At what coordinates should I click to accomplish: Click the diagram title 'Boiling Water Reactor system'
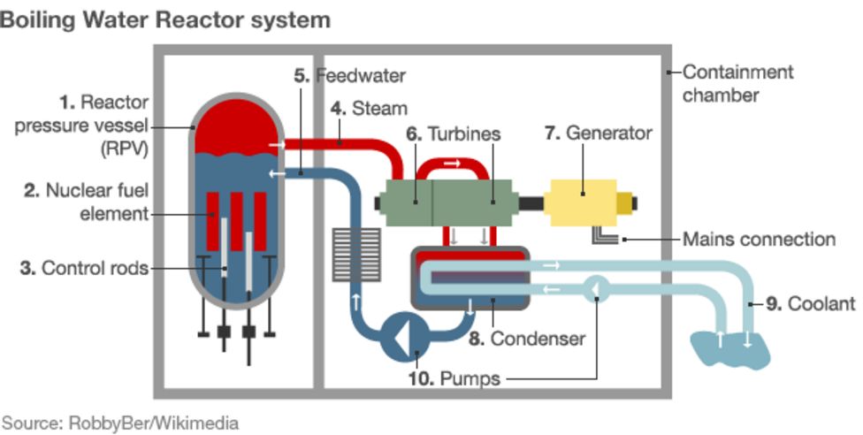(165, 19)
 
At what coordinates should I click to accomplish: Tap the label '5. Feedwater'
(349, 75)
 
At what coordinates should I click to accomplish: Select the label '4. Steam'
(369, 109)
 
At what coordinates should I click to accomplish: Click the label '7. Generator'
(598, 134)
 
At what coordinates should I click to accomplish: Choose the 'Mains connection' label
(759, 239)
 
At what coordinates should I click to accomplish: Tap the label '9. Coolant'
(810, 303)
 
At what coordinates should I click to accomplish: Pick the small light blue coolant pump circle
(596, 287)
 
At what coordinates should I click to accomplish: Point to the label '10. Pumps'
(454, 378)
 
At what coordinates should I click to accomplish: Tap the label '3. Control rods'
(84, 268)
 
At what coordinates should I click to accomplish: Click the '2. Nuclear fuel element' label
(86, 202)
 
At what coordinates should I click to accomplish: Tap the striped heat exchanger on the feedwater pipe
(356, 254)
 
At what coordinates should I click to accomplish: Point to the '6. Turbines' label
(454, 134)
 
